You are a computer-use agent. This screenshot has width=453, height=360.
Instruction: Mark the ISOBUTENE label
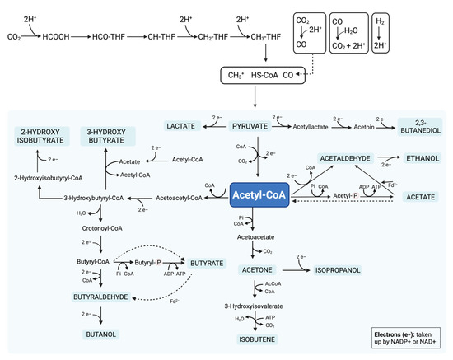point(259,337)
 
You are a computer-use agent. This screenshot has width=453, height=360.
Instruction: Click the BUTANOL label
point(101,334)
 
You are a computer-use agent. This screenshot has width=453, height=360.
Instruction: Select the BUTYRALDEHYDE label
point(100,297)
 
